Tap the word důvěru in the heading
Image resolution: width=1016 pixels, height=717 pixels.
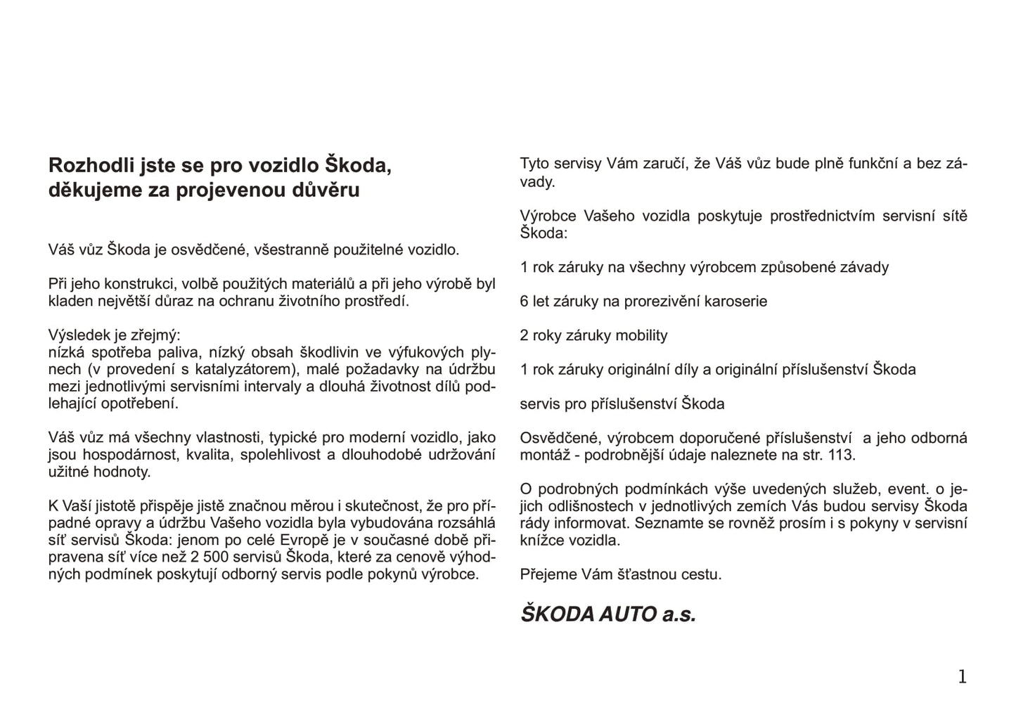pyautogui.click(x=326, y=190)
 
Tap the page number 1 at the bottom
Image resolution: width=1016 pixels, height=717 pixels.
pyautogui.click(x=962, y=677)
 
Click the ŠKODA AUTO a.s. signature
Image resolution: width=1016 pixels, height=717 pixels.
pyautogui.click(x=608, y=614)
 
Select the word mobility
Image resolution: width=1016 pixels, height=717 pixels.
pyautogui.click(x=641, y=335)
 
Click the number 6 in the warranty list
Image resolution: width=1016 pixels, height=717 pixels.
pyautogui.click(x=524, y=302)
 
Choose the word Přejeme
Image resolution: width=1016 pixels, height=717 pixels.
pyautogui.click(x=548, y=574)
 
